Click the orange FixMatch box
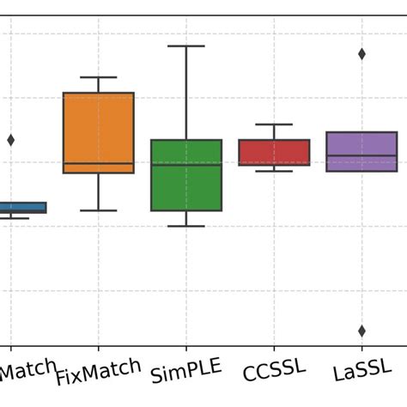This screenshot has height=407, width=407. (99, 129)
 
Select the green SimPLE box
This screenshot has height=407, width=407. (186, 185)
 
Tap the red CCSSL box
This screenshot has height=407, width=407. (274, 152)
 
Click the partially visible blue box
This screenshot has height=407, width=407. (22, 208)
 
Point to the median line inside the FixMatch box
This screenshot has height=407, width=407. (99, 163)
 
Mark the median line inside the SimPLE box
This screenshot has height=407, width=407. (186, 164)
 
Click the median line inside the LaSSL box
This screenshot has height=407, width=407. (361, 156)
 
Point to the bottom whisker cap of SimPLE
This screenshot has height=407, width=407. (186, 226)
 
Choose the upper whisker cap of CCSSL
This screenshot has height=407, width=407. (274, 125)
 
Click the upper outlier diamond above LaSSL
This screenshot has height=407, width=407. (361, 54)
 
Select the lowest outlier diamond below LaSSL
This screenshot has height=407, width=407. (361, 331)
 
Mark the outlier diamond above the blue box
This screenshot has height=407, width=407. (11, 140)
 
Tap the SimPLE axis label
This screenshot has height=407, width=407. (186, 372)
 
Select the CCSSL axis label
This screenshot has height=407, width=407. (274, 371)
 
